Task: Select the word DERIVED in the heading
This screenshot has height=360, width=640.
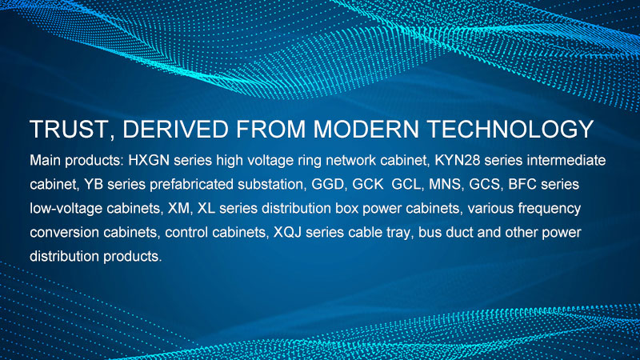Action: click(x=175, y=130)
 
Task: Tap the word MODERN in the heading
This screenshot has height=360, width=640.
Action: click(x=366, y=130)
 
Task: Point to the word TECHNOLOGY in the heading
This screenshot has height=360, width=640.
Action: click(x=510, y=130)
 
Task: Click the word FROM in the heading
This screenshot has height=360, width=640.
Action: click(x=271, y=130)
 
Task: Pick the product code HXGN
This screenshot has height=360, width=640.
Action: click(x=149, y=161)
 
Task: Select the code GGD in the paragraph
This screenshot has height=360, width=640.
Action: click(x=328, y=185)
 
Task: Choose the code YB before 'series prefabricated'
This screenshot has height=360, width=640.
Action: click(x=94, y=185)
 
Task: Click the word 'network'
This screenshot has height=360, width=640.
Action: click(x=351, y=161)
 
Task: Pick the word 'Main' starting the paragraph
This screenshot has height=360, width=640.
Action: click(x=46, y=161)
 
